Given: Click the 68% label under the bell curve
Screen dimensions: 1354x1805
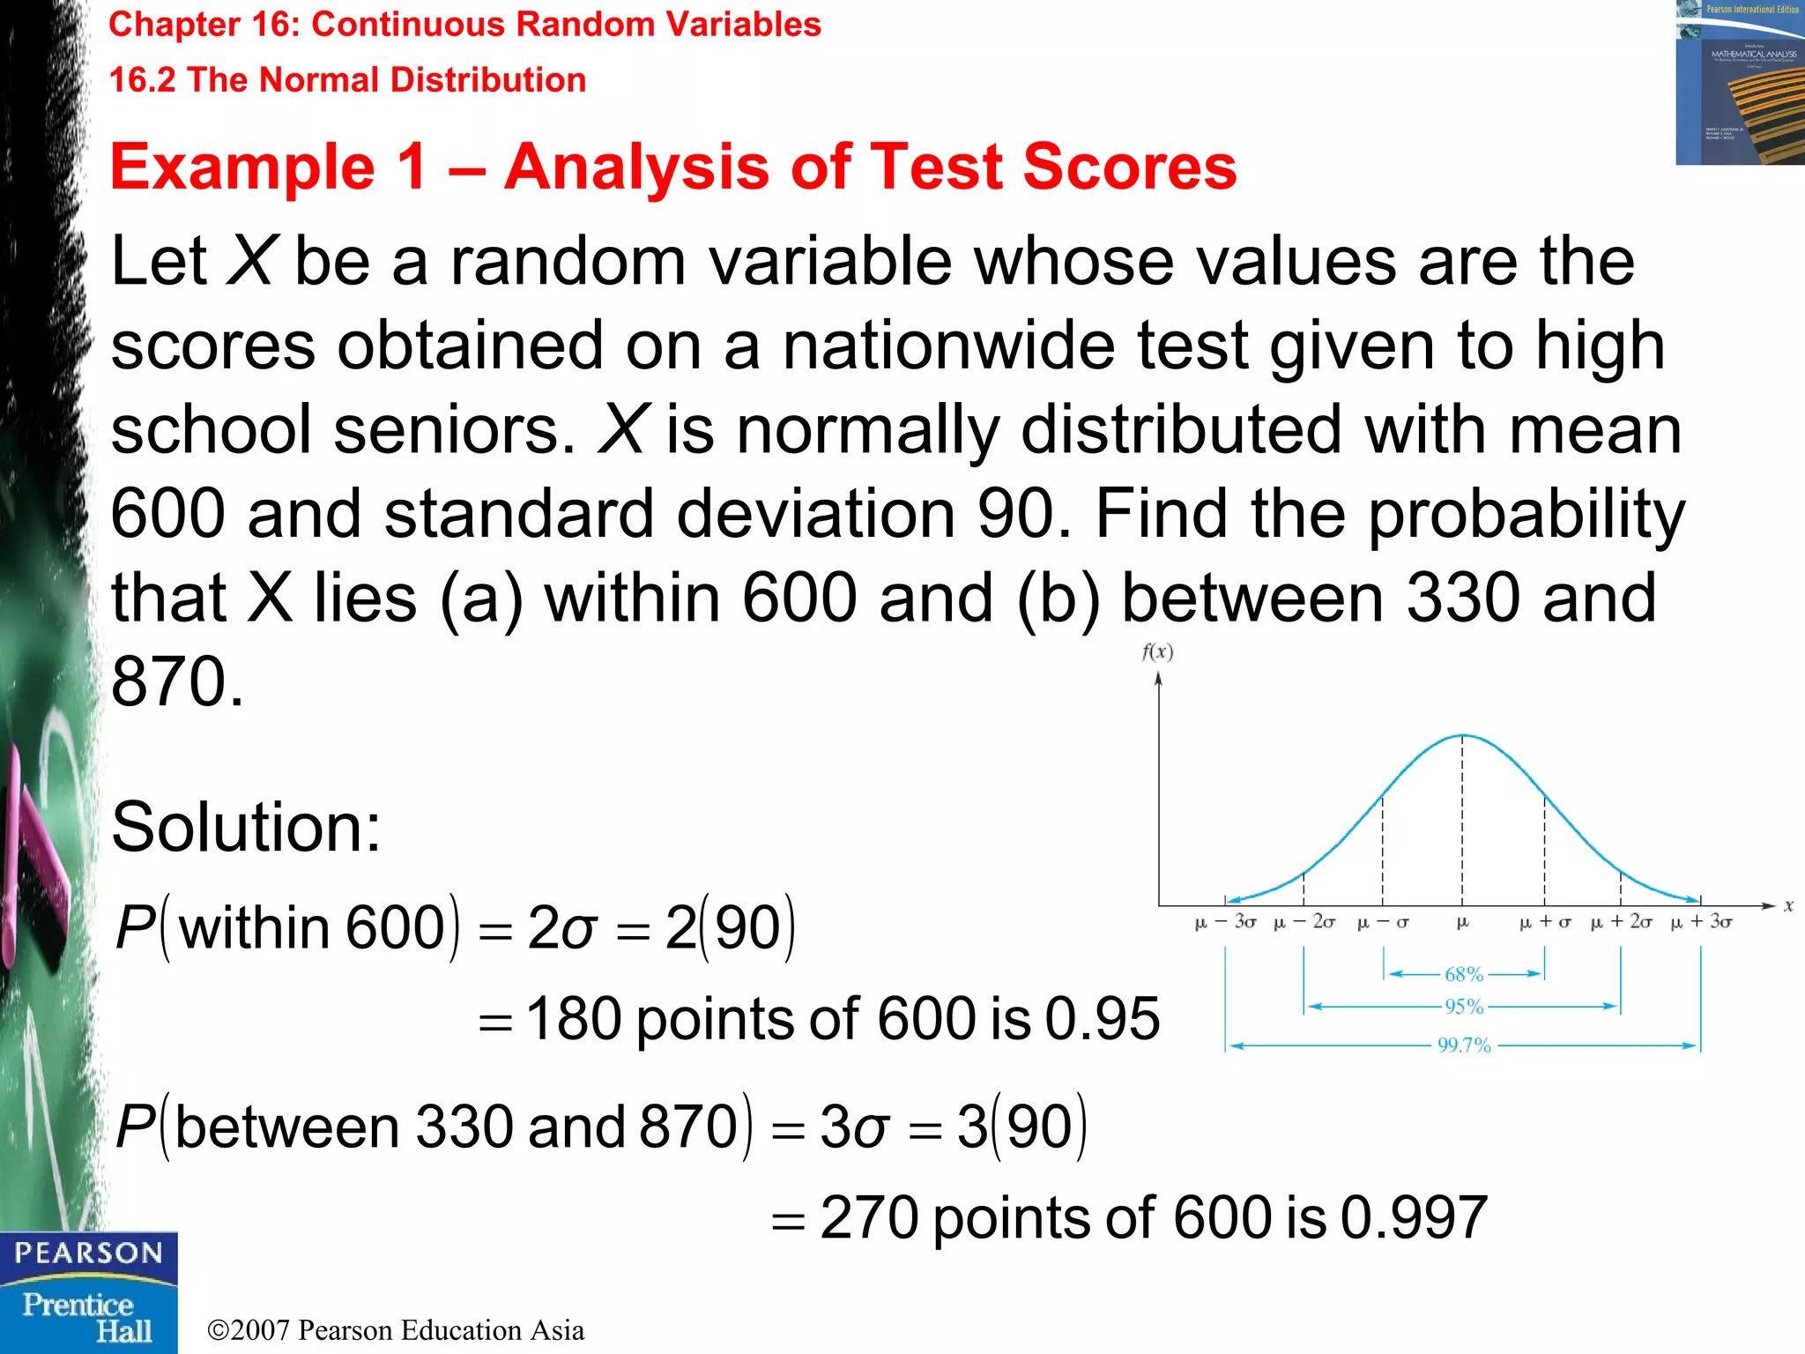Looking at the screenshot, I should pyautogui.click(x=1464, y=974).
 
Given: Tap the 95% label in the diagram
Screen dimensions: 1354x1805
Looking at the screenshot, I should pyautogui.click(x=1464, y=1006).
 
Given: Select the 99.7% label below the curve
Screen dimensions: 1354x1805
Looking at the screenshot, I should pyautogui.click(x=1464, y=1045).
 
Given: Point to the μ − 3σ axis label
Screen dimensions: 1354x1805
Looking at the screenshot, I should pyautogui.click(x=1225, y=923).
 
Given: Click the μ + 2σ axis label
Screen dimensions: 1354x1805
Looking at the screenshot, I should pyautogui.click(x=1621, y=923).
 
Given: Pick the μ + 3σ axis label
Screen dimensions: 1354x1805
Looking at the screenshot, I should pyautogui.click(x=1701, y=923).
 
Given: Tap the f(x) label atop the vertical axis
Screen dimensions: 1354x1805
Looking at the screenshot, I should pyautogui.click(x=1157, y=652).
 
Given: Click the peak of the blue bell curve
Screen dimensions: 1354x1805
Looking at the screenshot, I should pyautogui.click(x=1463, y=735).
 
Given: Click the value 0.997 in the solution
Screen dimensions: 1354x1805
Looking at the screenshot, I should pyautogui.click(x=1414, y=1218).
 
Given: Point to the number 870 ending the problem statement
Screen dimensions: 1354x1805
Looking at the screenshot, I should pyautogui.click(x=176, y=682).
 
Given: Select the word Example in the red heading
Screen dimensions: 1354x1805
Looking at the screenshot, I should pyautogui.click(x=242, y=167).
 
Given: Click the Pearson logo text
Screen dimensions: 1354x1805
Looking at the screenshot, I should pyautogui.click(x=88, y=1254).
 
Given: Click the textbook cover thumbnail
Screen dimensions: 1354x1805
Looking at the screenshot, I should pyautogui.click(x=1740, y=83).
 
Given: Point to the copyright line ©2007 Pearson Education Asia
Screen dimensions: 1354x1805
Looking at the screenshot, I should pyautogui.click(x=396, y=1330).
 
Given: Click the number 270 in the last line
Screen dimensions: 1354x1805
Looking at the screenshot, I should pyautogui.click(x=869, y=1218).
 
